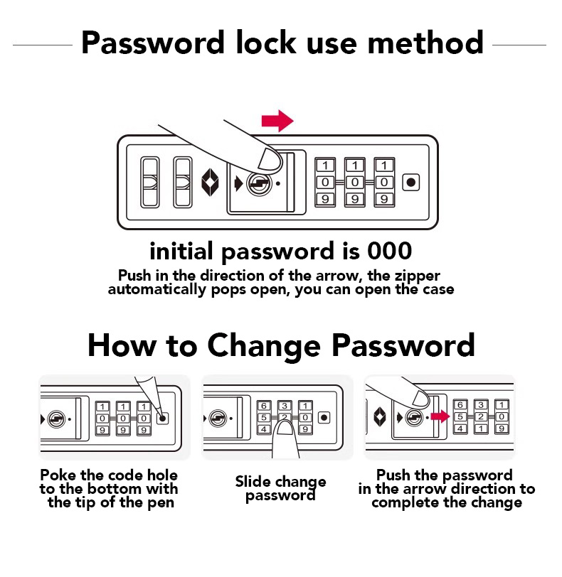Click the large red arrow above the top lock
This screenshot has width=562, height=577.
[277, 121]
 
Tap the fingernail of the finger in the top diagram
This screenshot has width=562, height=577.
[270, 159]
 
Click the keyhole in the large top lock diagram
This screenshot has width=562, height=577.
[259, 183]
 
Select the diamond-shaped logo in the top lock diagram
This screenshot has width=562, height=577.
[210, 183]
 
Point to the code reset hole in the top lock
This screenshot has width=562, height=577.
[411, 182]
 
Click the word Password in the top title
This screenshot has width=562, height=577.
[152, 43]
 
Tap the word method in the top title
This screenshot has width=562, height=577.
[425, 43]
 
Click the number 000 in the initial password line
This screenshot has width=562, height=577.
[390, 251]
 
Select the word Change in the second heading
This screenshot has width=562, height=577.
[264, 346]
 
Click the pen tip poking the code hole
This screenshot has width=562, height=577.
[161, 416]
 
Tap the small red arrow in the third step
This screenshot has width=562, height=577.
[440, 416]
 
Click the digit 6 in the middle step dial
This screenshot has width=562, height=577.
[264, 406]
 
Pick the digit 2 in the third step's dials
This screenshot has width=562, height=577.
[481, 416]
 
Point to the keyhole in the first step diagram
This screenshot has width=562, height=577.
[56, 419]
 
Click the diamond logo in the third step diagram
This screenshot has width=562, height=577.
[380, 417]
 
